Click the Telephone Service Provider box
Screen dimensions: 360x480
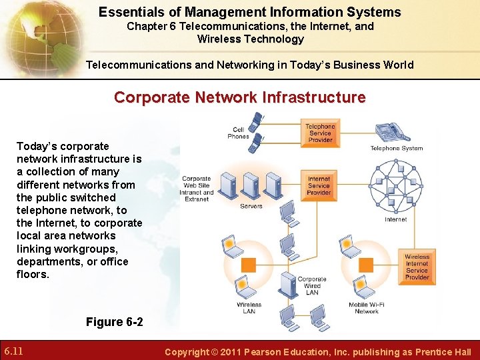point(320,133)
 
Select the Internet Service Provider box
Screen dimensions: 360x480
point(319,185)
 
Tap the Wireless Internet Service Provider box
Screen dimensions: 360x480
point(417,267)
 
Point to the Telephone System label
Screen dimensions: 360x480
point(397,148)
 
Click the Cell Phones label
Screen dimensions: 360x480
point(238,133)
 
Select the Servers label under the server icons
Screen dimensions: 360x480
point(251,206)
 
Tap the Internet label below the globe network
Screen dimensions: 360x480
point(395,219)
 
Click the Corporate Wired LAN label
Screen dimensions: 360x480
point(312,285)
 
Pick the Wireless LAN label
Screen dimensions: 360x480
point(249,308)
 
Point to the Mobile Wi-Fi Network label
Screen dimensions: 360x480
point(367,308)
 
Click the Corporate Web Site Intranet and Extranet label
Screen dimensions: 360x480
point(197,189)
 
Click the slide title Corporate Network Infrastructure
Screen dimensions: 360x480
point(240,97)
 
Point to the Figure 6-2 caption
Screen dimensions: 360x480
point(114,322)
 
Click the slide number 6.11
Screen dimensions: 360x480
point(14,351)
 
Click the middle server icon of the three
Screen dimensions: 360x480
point(251,184)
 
